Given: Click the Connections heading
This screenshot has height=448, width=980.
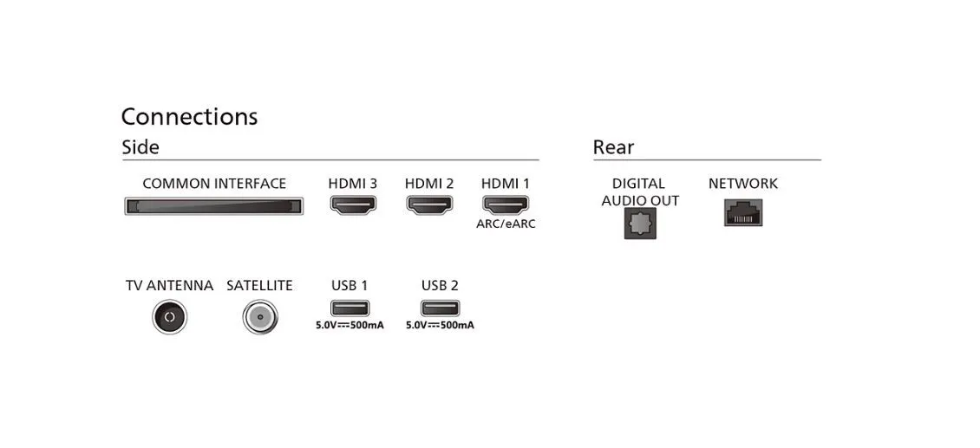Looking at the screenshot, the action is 189,117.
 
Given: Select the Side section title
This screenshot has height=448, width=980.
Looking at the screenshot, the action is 140,147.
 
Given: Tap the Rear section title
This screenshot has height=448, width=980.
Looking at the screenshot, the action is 613,147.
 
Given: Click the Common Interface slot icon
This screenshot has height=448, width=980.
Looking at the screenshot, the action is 213,206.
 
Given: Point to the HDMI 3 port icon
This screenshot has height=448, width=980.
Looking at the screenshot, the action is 353,205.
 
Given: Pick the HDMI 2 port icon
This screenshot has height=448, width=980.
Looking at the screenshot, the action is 429,205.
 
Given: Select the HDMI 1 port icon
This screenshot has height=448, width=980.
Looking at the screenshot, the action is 506,205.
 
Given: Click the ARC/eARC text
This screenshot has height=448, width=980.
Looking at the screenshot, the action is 506,224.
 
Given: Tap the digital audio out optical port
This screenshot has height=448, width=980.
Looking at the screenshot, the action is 640,224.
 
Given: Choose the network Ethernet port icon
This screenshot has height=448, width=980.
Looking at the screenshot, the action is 743,212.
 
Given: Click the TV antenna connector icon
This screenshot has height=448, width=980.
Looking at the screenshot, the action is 169,317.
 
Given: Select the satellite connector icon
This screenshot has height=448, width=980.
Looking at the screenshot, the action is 259,317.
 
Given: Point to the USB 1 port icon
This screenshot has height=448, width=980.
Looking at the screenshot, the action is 350,308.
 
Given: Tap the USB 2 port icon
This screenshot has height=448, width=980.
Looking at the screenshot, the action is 440,308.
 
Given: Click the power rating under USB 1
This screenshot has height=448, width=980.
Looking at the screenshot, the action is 350,326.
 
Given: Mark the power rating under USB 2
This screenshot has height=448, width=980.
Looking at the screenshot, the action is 440,326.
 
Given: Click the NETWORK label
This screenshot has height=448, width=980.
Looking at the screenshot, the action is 743,184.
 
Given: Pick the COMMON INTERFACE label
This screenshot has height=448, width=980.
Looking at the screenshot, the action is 214,184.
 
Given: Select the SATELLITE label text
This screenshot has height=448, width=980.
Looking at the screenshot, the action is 259,286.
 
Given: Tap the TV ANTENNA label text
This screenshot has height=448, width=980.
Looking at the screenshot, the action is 169,286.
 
